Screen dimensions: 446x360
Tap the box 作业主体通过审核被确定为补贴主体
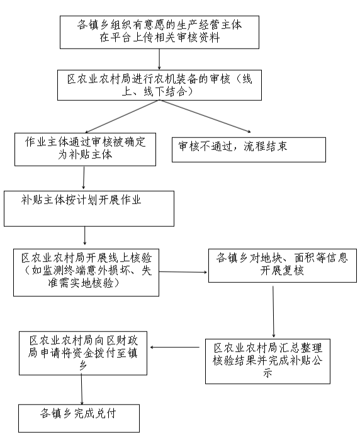85,149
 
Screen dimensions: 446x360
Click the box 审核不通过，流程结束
249,149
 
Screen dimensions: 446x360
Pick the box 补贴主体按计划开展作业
89,209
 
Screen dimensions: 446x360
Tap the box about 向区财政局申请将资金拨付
84,357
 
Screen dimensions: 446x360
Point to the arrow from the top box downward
159,59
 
